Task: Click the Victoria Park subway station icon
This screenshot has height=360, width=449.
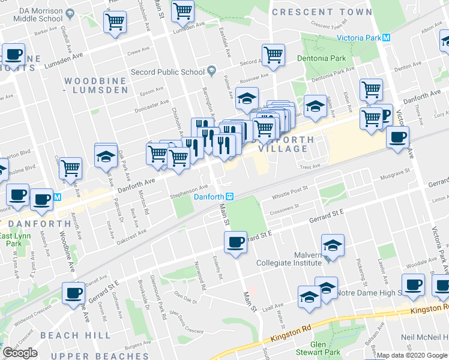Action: click(x=387, y=37)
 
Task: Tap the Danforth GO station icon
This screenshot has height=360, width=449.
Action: click(x=229, y=196)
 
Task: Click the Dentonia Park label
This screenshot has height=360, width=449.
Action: click(x=321, y=58)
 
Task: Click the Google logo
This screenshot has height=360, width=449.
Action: click(x=20, y=353)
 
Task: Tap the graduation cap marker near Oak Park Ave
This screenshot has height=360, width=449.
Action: click(x=106, y=156)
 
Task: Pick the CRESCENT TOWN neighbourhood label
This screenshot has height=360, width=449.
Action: click(x=321, y=12)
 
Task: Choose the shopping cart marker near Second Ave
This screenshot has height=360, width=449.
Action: click(x=273, y=55)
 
